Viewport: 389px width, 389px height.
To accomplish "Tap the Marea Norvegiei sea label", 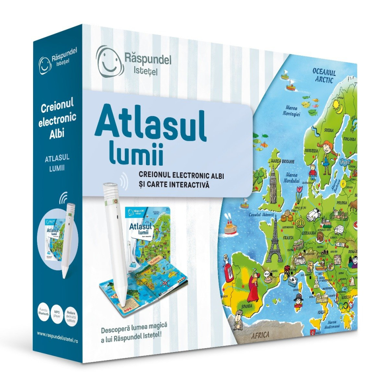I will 291,110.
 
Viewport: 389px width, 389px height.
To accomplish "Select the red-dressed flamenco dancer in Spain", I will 253,287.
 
